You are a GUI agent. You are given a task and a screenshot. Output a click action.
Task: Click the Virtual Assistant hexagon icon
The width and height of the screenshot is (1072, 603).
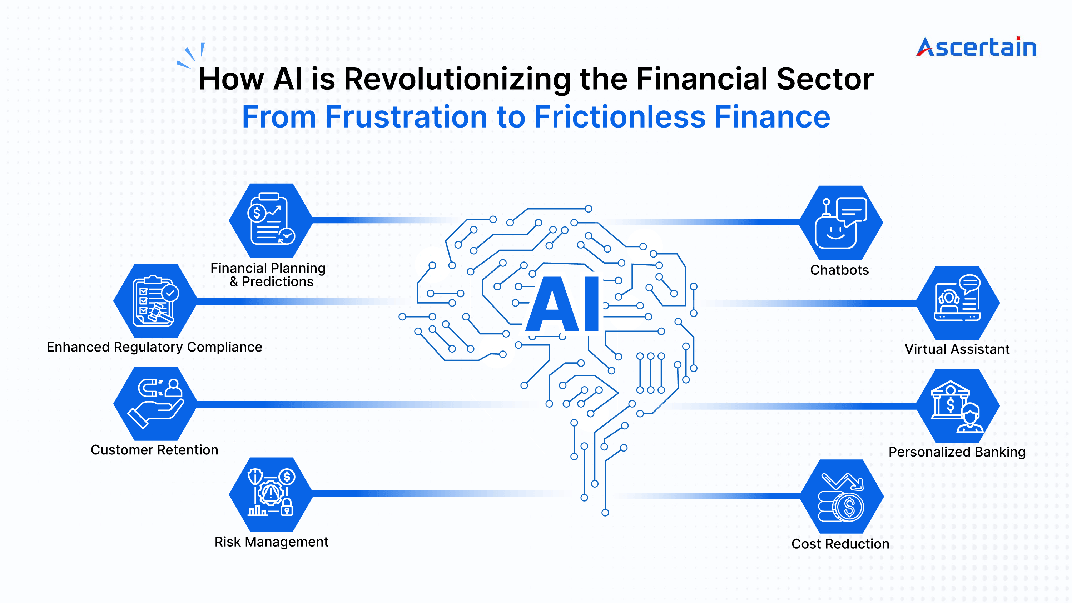tap(958, 303)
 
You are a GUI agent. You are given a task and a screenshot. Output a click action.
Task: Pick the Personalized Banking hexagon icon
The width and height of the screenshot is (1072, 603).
tap(958, 406)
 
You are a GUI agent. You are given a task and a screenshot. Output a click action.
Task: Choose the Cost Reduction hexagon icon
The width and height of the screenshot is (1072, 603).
tap(842, 497)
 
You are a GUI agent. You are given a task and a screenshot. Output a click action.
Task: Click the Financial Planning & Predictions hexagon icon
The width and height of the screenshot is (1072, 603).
tap(271, 220)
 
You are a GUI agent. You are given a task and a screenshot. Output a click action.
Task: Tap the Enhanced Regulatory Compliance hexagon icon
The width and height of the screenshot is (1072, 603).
tap(155, 301)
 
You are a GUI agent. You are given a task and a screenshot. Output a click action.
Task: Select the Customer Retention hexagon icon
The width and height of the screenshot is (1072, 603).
tap(155, 404)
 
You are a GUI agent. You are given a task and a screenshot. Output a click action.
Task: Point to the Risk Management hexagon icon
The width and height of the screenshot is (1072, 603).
tap(271, 494)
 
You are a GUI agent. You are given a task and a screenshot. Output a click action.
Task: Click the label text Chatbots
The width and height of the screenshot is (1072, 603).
tap(839, 270)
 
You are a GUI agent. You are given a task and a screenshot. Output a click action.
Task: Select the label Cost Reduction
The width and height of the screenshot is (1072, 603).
tap(840, 544)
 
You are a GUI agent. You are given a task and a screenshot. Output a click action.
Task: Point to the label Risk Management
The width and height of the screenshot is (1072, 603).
tap(271, 542)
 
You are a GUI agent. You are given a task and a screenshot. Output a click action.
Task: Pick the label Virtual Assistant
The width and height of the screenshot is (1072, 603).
tap(957, 349)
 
